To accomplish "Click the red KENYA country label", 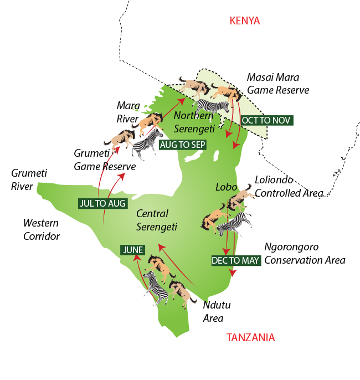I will click(244, 21).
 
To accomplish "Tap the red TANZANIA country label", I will click(250, 337).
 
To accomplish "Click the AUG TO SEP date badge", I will click(183, 145).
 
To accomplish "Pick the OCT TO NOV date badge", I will click(266, 120).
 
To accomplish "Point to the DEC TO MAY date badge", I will click(236, 260).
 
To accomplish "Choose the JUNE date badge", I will click(133, 250).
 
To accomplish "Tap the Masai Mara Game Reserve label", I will click(278, 84).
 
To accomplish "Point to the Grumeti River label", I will click(29, 180).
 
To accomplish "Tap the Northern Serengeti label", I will click(193, 122).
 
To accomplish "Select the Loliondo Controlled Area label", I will click(289, 187).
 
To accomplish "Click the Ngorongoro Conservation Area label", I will click(305, 254).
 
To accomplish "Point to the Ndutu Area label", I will click(213, 312).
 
